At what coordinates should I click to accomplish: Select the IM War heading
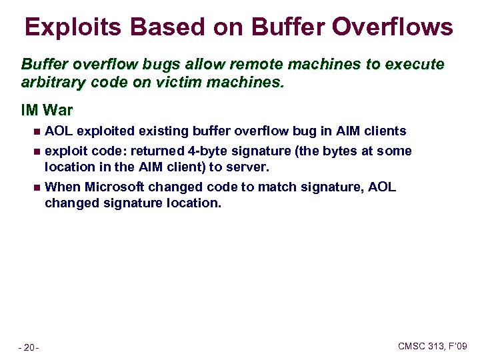(47, 109)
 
